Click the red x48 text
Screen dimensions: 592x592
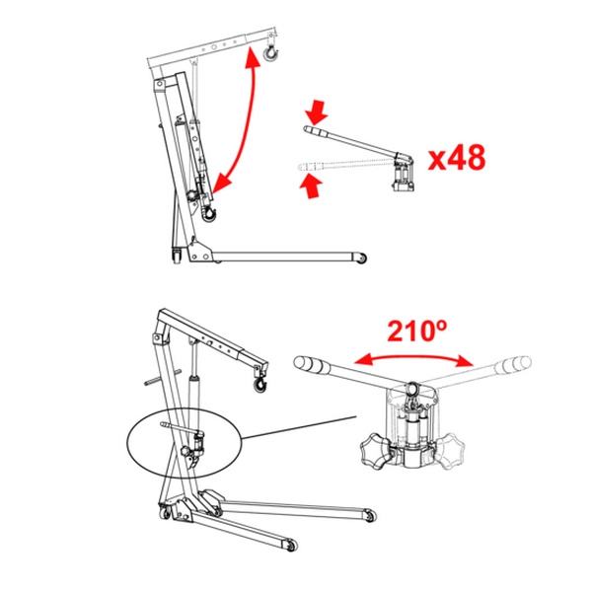point(457,158)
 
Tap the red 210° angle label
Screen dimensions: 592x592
point(417,332)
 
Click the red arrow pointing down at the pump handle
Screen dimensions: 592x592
point(318,112)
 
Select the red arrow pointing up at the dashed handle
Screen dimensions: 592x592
point(311,186)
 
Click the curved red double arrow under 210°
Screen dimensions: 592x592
point(413,357)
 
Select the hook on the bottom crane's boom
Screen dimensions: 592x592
point(260,384)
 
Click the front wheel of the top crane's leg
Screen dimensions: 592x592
point(361,259)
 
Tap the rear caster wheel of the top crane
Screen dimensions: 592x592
point(177,257)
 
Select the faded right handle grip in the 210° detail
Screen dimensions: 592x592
point(513,364)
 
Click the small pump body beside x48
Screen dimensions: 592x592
point(403,175)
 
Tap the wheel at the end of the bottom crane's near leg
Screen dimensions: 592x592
point(291,546)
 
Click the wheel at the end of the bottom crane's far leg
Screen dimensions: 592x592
point(370,515)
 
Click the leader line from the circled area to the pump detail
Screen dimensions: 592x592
point(299,427)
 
